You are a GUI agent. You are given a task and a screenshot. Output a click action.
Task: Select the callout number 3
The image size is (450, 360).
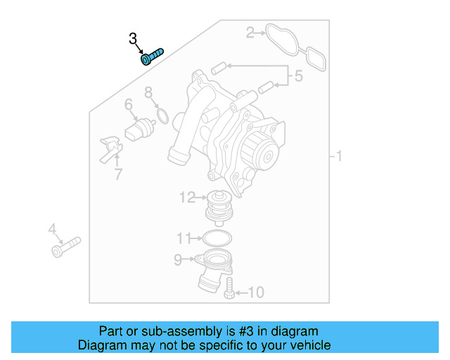[133, 39]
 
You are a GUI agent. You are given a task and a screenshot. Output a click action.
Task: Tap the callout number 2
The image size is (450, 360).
[250, 32]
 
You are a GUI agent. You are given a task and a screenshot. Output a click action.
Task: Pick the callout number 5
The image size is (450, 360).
[299, 76]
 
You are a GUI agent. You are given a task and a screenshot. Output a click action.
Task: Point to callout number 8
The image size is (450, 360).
[148, 92]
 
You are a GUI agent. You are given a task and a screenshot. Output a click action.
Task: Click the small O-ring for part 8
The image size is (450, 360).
[162, 115]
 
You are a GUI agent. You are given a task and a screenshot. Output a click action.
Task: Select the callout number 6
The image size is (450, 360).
[129, 105]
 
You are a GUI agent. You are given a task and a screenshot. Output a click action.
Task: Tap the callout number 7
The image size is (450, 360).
[117, 173]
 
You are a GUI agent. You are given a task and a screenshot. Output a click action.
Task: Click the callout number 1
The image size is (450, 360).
[339, 155]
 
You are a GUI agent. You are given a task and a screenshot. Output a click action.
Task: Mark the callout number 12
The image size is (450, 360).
[187, 198]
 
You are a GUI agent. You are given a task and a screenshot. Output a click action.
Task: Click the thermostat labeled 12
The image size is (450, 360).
[219, 205]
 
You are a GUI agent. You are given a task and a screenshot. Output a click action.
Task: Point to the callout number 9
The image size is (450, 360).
[179, 260]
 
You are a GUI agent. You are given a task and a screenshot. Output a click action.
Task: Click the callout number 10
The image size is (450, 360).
[256, 292]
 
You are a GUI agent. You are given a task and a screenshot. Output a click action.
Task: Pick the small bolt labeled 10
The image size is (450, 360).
[229, 288]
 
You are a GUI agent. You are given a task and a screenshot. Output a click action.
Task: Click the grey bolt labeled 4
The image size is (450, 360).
[65, 246]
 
